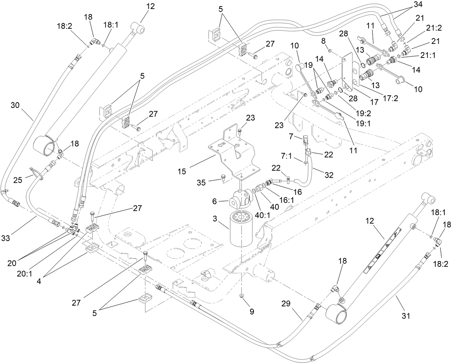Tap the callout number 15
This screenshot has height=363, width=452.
pos(182,171)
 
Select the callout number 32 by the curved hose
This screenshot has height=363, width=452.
pos(329,175)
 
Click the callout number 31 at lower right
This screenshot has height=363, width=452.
pos(406,316)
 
